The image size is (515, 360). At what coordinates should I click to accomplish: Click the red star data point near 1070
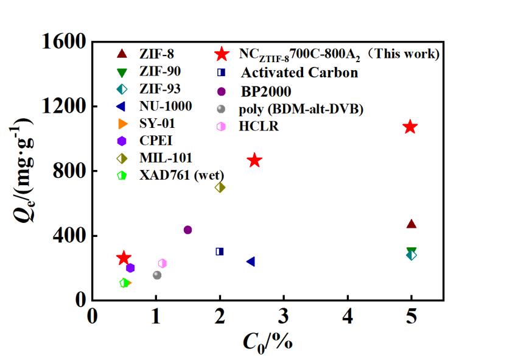tap(410, 127)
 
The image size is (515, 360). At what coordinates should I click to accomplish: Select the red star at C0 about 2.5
tap(254, 160)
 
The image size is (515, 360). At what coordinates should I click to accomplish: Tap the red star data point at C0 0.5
tap(124, 258)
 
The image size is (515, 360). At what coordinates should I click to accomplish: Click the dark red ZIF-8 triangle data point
tap(412, 224)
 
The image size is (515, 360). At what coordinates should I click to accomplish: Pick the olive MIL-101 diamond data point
tap(220, 187)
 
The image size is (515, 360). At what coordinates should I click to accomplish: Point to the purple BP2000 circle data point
tap(187, 230)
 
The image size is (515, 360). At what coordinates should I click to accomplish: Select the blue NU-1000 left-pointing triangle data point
tap(250, 261)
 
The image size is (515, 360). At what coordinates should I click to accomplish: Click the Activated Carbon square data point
tap(220, 251)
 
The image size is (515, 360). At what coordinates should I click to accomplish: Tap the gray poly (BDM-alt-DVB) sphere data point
tap(157, 275)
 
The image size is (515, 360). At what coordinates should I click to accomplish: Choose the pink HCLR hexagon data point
tap(162, 263)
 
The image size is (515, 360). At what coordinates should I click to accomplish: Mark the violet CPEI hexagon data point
tap(130, 267)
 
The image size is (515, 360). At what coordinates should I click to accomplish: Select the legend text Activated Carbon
tap(299, 73)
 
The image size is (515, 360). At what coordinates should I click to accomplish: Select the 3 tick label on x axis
tap(284, 317)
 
